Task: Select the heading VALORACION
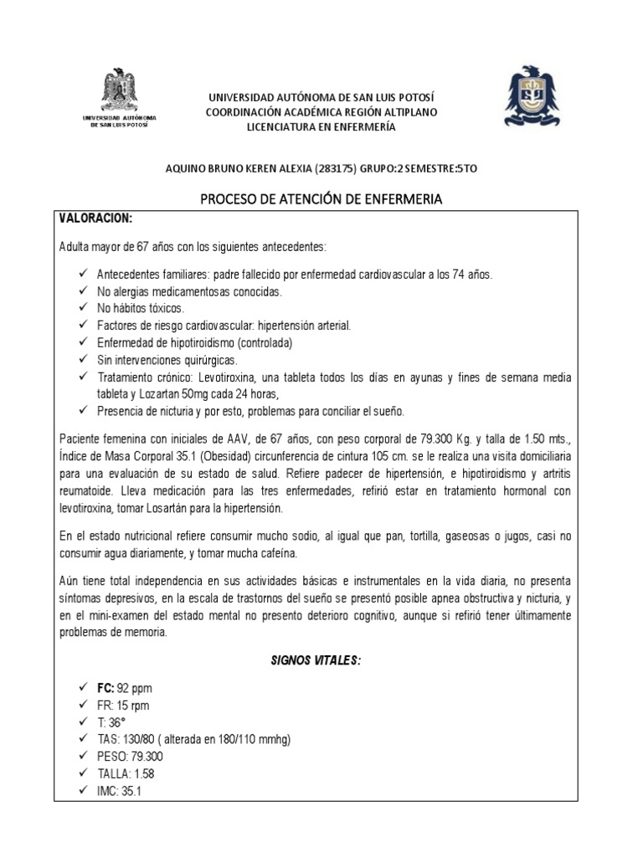tap(95, 218)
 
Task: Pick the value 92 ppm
tap(136, 689)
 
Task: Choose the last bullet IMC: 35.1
tap(119, 788)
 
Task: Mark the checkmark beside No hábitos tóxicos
tap(81, 308)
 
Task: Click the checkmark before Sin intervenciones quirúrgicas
tap(81, 360)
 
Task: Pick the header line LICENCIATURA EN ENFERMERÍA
tap(321, 126)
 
